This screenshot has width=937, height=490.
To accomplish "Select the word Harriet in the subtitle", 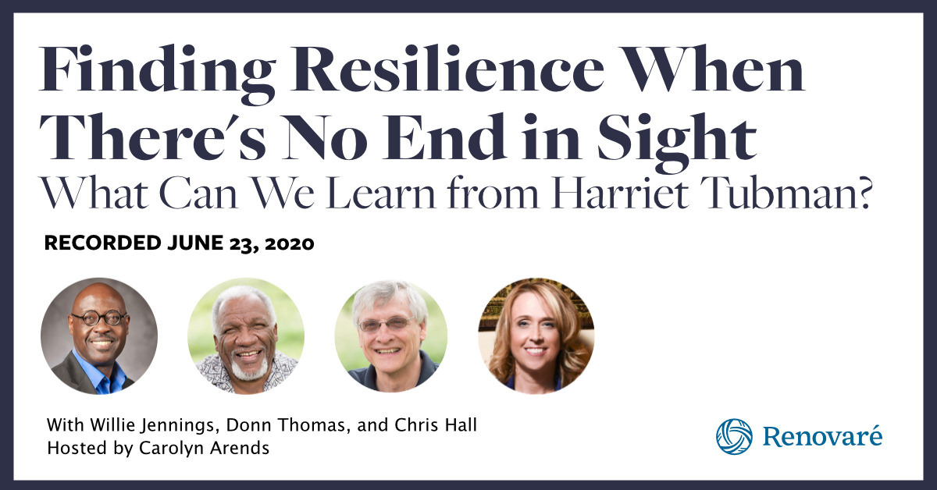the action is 620,193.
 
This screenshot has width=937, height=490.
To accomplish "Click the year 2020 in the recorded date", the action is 290,243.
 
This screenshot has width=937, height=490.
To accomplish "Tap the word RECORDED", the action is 102,243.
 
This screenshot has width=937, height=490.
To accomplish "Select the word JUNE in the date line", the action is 195,243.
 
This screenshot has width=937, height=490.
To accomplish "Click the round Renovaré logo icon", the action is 734,436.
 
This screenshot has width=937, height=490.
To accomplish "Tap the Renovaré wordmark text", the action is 822,436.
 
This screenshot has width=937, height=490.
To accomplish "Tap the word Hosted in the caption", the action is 77,448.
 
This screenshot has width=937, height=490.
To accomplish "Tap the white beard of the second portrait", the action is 250,365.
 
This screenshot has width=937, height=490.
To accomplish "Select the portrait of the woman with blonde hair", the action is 536,336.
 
